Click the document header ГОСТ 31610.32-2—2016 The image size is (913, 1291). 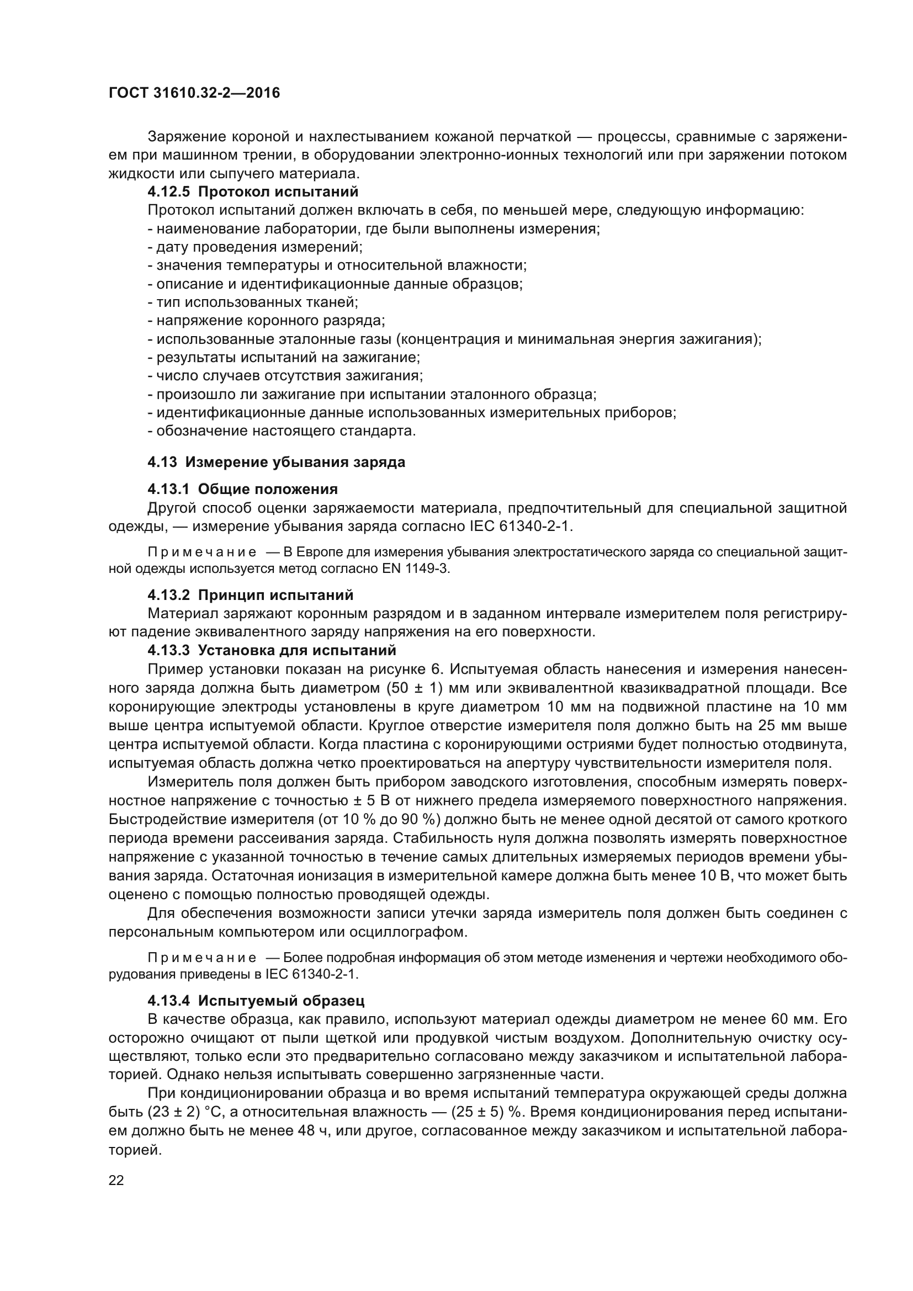pyautogui.click(x=194, y=93)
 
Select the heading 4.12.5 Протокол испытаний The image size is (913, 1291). pyautogui.click(x=252, y=192)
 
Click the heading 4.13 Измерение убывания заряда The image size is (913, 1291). pyautogui.click(x=276, y=462)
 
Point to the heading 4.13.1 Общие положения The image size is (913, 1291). pyautogui.click(x=242, y=488)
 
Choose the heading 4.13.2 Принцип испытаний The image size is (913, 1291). pyautogui.click(x=250, y=595)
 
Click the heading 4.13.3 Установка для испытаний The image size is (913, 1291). pyautogui.click(x=272, y=650)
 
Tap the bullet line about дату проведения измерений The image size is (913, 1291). pyautogui.click(x=254, y=247)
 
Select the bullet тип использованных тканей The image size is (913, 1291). pyautogui.click(x=252, y=302)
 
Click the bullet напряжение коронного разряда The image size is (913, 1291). pyautogui.click(x=266, y=321)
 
